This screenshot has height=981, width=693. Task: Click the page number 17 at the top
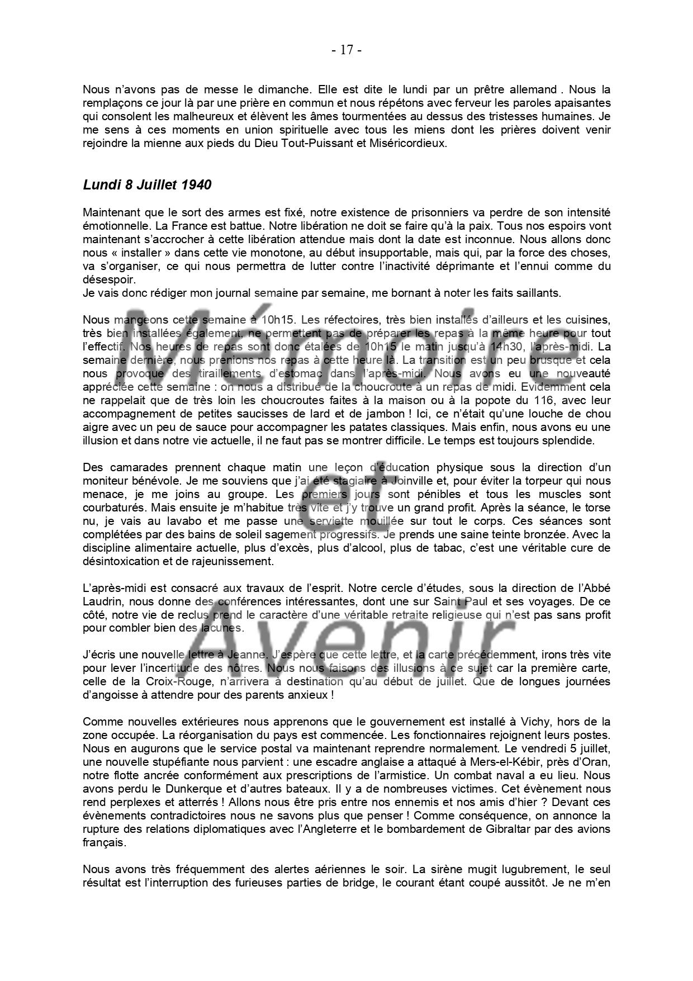[x=346, y=50]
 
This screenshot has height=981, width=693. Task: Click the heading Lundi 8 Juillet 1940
[x=147, y=185]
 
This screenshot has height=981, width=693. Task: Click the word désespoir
[x=109, y=280]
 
